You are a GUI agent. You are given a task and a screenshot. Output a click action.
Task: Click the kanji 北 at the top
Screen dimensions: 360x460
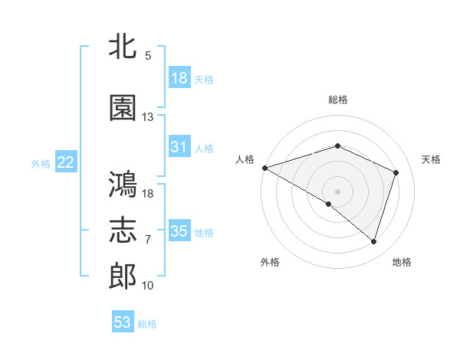click(x=123, y=47)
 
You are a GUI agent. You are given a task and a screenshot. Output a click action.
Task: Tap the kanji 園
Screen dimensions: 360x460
click(x=123, y=109)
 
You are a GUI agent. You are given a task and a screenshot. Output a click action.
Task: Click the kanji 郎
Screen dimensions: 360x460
click(x=123, y=277)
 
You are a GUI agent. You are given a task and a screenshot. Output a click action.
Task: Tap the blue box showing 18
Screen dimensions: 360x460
click(x=179, y=78)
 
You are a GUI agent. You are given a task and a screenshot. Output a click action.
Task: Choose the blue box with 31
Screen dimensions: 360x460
click(x=179, y=147)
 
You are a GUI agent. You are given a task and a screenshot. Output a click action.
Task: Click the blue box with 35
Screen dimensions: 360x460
click(x=179, y=231)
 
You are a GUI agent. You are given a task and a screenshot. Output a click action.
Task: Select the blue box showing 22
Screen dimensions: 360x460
click(x=66, y=162)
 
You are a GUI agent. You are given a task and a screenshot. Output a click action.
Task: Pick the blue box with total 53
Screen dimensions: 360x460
click(x=123, y=322)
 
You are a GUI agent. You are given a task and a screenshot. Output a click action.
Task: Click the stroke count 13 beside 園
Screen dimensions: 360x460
click(x=148, y=117)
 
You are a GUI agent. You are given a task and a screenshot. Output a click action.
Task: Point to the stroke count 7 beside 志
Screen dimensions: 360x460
click(x=148, y=240)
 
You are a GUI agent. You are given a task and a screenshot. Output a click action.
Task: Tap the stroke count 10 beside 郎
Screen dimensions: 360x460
click(x=148, y=286)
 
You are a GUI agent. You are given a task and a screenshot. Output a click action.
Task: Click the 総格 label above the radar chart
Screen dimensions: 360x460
click(x=338, y=100)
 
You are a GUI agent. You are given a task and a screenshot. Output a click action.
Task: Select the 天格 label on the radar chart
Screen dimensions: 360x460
click(x=432, y=159)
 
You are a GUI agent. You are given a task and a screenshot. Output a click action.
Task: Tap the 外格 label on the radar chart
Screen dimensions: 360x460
click(x=270, y=262)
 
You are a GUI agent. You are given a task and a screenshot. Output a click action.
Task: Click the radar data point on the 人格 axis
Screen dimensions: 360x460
click(x=264, y=168)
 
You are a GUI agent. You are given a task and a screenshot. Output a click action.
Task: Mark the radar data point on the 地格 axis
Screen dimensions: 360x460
click(x=373, y=241)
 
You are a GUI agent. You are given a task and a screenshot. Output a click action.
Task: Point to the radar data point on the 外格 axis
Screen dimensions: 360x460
click(x=329, y=204)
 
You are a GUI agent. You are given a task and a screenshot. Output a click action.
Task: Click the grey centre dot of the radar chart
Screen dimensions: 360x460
click(x=338, y=191)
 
